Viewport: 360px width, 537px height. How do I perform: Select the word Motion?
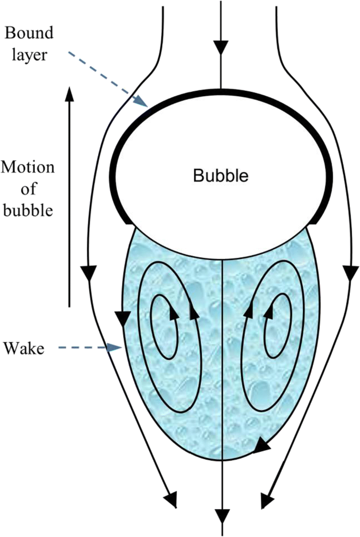[27, 168]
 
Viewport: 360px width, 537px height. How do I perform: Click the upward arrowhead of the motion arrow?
[68, 94]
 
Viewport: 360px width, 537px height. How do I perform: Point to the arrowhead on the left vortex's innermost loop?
[172, 314]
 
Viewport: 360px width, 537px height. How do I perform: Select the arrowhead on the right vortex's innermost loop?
[269, 313]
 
